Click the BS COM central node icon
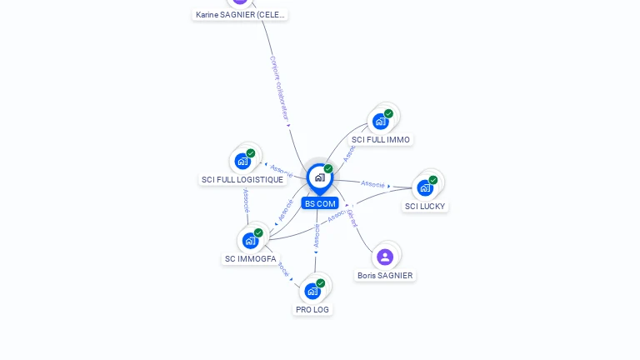pos(319,177)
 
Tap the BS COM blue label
pos(320,203)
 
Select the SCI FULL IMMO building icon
pos(381,122)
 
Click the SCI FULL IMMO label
pos(381,140)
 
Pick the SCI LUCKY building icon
pos(426,187)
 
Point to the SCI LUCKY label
pos(425,206)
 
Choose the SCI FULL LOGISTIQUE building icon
pos(242,161)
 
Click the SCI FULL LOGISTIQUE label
pos(242,179)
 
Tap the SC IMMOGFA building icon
pos(250,241)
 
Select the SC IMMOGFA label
pos(250,259)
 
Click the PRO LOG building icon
pos(312,291)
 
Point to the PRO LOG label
pos(312,309)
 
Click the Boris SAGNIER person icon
pos(384,257)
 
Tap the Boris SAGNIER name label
pos(384,275)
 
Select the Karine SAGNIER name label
pos(240,14)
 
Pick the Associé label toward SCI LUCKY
pos(372,184)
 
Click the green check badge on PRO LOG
pos(321,283)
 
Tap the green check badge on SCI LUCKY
pos(433,180)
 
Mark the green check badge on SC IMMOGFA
pos(258,233)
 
